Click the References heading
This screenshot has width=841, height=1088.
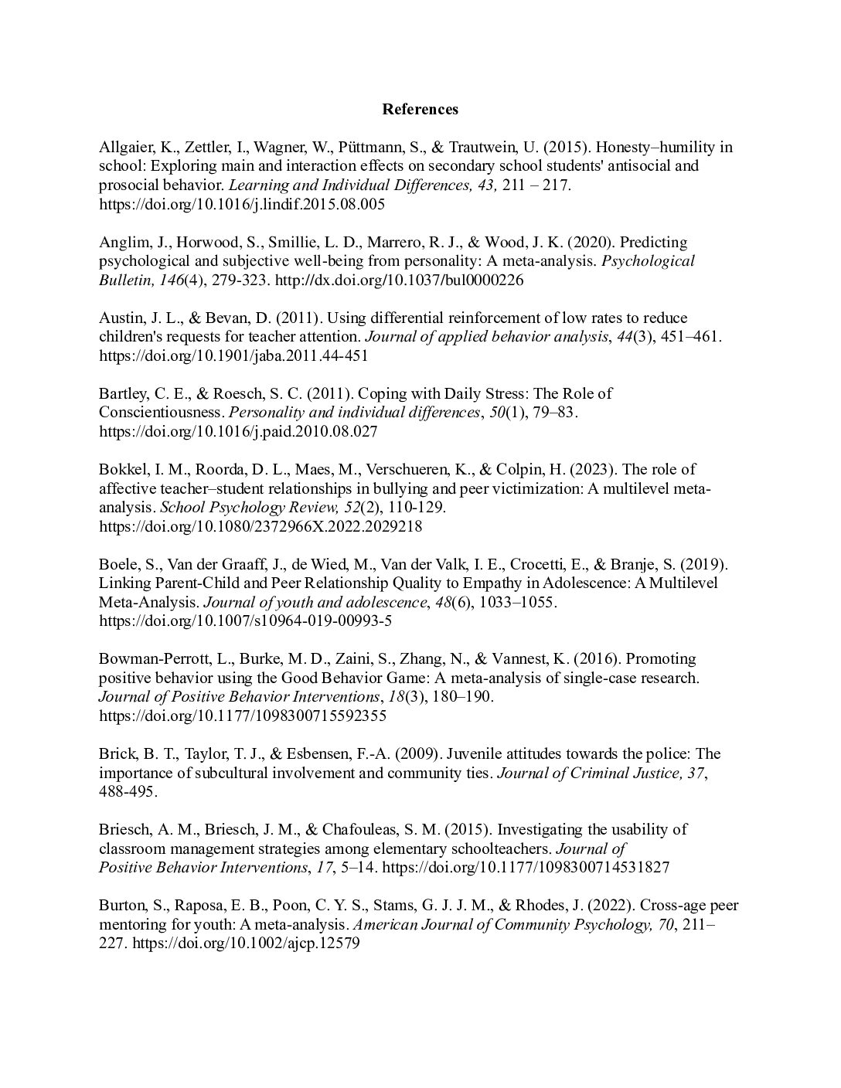click(x=420, y=109)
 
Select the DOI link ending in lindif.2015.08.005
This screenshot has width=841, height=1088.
click(x=241, y=205)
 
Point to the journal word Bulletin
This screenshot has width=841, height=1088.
click(x=125, y=280)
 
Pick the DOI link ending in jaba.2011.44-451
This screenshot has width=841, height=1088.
click(x=233, y=355)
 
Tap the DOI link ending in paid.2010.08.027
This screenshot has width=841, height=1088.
click(x=238, y=431)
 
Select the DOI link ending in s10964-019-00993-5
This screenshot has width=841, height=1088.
click(x=250, y=620)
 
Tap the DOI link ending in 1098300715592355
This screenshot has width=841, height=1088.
click(x=243, y=716)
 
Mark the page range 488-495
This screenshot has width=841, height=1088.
click(x=128, y=791)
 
